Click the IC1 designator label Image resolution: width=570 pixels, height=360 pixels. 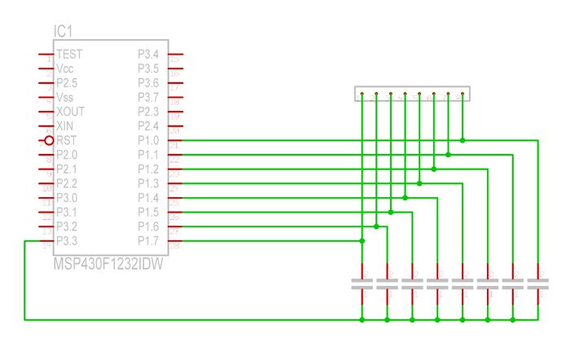coord(65,32)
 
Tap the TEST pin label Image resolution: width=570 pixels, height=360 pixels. coord(69,54)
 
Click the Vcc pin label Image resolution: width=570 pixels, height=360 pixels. coord(66,68)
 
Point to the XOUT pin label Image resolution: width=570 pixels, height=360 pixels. coord(71,111)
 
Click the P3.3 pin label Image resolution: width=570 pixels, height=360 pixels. coord(67,240)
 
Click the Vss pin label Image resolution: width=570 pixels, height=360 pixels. coord(65,97)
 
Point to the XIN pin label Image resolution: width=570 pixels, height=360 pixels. coord(65,125)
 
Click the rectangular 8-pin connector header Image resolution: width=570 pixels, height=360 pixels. coord(412,94)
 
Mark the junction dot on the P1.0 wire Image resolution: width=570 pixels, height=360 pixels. coord(463,140)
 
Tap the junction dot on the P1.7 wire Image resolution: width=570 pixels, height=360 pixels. coord(362,240)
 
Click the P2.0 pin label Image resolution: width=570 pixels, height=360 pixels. coord(67,155)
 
